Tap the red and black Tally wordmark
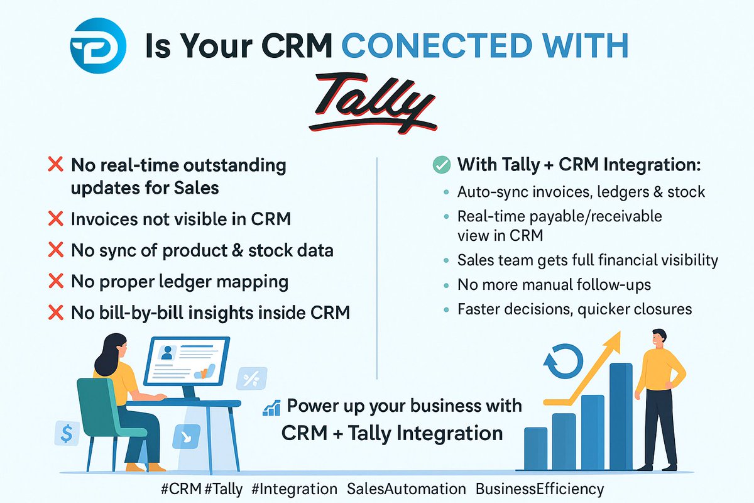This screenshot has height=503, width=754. pyautogui.click(x=376, y=102)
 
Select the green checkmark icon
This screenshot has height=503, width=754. pyautogui.click(x=442, y=165)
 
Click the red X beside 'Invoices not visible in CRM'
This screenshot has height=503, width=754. pyautogui.click(x=56, y=219)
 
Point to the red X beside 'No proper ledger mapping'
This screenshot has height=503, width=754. pyautogui.click(x=56, y=281)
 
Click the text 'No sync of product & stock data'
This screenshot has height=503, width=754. pyautogui.click(x=202, y=250)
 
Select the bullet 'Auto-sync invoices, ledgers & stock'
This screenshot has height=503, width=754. pyautogui.click(x=581, y=192)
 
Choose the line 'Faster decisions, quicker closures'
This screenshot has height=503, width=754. pyautogui.click(x=574, y=309)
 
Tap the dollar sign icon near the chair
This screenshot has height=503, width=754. pyautogui.click(x=66, y=433)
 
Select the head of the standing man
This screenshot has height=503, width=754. pyautogui.click(x=658, y=337)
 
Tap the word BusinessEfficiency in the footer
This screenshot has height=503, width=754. pyautogui.click(x=539, y=489)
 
